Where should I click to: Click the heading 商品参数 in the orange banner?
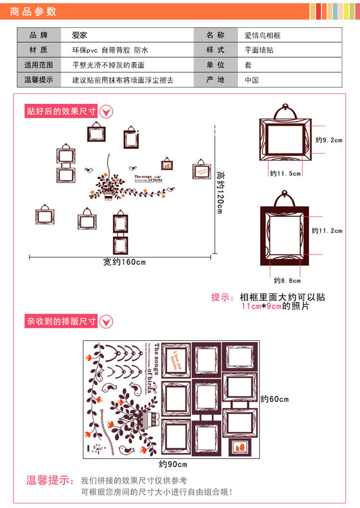[33, 11]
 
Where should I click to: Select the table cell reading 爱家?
[80, 35]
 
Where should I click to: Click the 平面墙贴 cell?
[259, 50]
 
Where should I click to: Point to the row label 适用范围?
[38, 65]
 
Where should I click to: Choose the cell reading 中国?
[252, 80]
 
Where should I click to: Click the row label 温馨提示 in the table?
[38, 80]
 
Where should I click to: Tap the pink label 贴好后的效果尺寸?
[61, 111]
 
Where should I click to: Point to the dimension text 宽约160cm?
[124, 262]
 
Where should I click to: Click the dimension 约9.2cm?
[329, 140]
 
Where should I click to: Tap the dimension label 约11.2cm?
[327, 231]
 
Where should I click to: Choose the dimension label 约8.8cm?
[287, 280]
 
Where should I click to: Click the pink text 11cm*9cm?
[262, 306]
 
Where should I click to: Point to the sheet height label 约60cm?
[275, 399]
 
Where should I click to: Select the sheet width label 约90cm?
[173, 464]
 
